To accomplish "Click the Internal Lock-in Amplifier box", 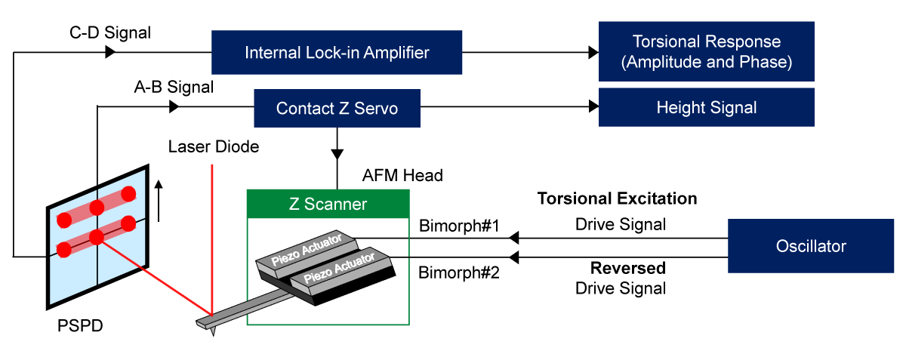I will tap(337, 53).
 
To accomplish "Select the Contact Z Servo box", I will tap(337, 109).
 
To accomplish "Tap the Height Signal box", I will tap(706, 107).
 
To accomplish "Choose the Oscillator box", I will tap(810, 246).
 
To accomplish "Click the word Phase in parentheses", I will tap(767, 62).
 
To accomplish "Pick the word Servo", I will tap(376, 109).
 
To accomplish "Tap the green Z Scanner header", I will tap(328, 204).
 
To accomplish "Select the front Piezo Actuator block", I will tap(341, 269).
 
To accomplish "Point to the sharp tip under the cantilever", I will tap(214, 331).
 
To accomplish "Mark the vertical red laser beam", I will tap(213, 234).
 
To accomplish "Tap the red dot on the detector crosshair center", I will tap(96, 237).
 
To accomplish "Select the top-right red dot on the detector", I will tap(128, 193).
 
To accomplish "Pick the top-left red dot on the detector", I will tap(64, 220).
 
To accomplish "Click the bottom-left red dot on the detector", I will tap(63, 250).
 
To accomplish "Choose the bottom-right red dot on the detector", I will tap(128, 223).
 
